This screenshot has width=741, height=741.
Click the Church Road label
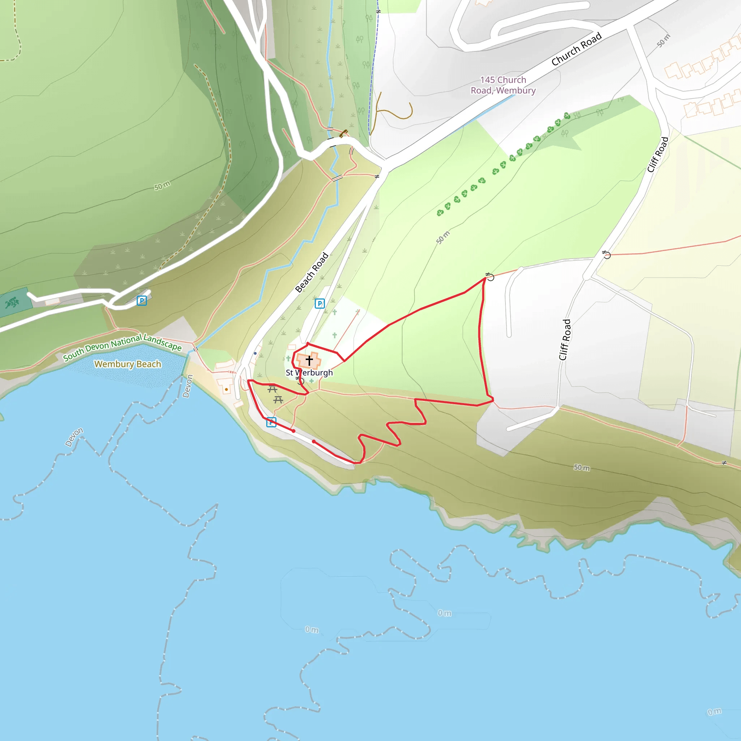pos(576,49)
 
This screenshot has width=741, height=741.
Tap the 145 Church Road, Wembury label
pos(503,85)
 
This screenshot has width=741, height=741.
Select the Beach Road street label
pos(312,272)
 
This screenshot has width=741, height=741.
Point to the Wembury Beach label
pos(128,364)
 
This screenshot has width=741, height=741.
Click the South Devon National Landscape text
pos(122,347)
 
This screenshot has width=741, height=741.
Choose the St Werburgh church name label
pos(309,373)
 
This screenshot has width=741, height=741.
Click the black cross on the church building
pos(309,360)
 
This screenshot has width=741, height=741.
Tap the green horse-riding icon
pos(12,303)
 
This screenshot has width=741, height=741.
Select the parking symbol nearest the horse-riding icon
pos(142,301)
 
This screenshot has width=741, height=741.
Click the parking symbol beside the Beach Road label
pos(319,304)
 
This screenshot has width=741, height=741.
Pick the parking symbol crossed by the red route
pos(271,422)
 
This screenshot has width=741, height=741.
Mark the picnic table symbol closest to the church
pos(272,389)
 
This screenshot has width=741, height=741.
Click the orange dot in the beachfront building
pos(226,390)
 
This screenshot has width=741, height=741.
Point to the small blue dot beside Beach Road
pos(255,353)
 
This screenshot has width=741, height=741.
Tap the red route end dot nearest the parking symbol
pos(293,431)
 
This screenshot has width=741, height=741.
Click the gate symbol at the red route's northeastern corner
pos(490,276)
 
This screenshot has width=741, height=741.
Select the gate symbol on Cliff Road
pos(606,255)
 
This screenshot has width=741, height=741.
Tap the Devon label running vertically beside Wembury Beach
pos(187,386)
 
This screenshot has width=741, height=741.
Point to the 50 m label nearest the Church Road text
pos(664,41)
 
